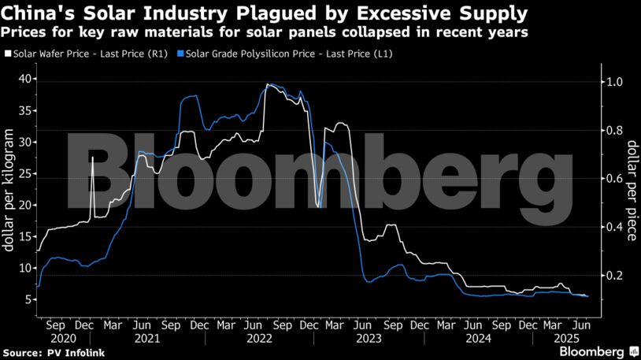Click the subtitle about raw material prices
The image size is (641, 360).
265,32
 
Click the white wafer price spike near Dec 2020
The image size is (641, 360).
92,159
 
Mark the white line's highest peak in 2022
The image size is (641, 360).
268,84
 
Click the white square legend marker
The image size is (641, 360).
8,54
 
